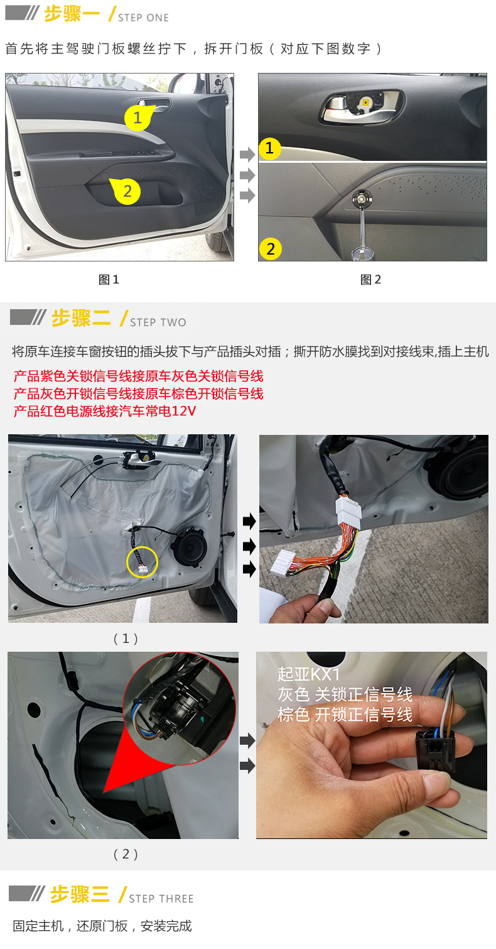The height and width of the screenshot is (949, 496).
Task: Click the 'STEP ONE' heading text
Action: click(143, 18)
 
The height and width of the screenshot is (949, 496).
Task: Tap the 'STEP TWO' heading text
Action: click(158, 322)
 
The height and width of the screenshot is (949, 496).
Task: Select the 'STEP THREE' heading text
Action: click(161, 899)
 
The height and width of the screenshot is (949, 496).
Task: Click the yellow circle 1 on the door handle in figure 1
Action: click(137, 118)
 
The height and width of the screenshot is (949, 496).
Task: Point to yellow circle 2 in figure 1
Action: click(127, 191)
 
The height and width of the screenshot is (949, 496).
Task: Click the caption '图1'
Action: click(109, 280)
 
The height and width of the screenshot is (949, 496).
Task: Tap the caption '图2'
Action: click(370, 280)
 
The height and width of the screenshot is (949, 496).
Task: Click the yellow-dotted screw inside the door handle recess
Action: click(365, 102)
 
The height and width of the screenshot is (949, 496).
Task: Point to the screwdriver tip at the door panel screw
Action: click(362, 198)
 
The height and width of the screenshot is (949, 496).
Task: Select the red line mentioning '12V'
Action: click(104, 411)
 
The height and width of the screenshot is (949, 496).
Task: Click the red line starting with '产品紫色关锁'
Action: click(138, 376)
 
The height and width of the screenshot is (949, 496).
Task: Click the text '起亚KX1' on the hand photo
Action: click(309, 674)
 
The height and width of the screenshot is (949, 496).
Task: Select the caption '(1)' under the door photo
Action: click(126, 639)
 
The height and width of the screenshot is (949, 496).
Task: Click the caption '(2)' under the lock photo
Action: click(126, 853)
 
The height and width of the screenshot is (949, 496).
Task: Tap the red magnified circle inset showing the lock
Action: click(180, 708)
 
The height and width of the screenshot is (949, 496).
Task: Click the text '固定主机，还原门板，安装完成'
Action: click(102, 926)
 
